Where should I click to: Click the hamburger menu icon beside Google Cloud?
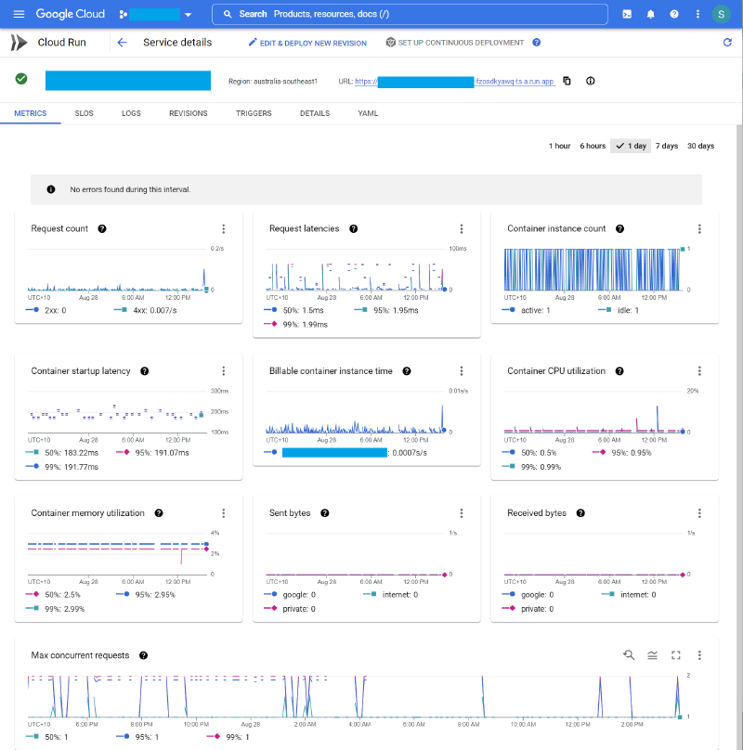point(19,14)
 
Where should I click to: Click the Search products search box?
point(410,14)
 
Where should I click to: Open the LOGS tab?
point(131,113)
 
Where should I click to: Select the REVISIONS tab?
point(188,113)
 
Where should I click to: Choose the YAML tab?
point(368,113)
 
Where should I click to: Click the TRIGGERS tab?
point(254,113)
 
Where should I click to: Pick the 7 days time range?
point(667,146)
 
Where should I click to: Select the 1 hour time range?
point(559,146)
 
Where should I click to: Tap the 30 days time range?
point(700,146)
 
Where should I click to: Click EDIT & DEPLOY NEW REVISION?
point(307,43)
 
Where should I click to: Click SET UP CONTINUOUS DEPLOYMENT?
point(455,43)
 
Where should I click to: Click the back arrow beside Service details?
point(122,43)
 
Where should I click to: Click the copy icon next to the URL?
point(567,81)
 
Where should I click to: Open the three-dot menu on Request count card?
point(224,228)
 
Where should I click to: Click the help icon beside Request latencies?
point(354,228)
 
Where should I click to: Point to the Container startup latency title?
point(81,371)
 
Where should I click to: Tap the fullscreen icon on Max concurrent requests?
point(676,655)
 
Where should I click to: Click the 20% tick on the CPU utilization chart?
point(692,391)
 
